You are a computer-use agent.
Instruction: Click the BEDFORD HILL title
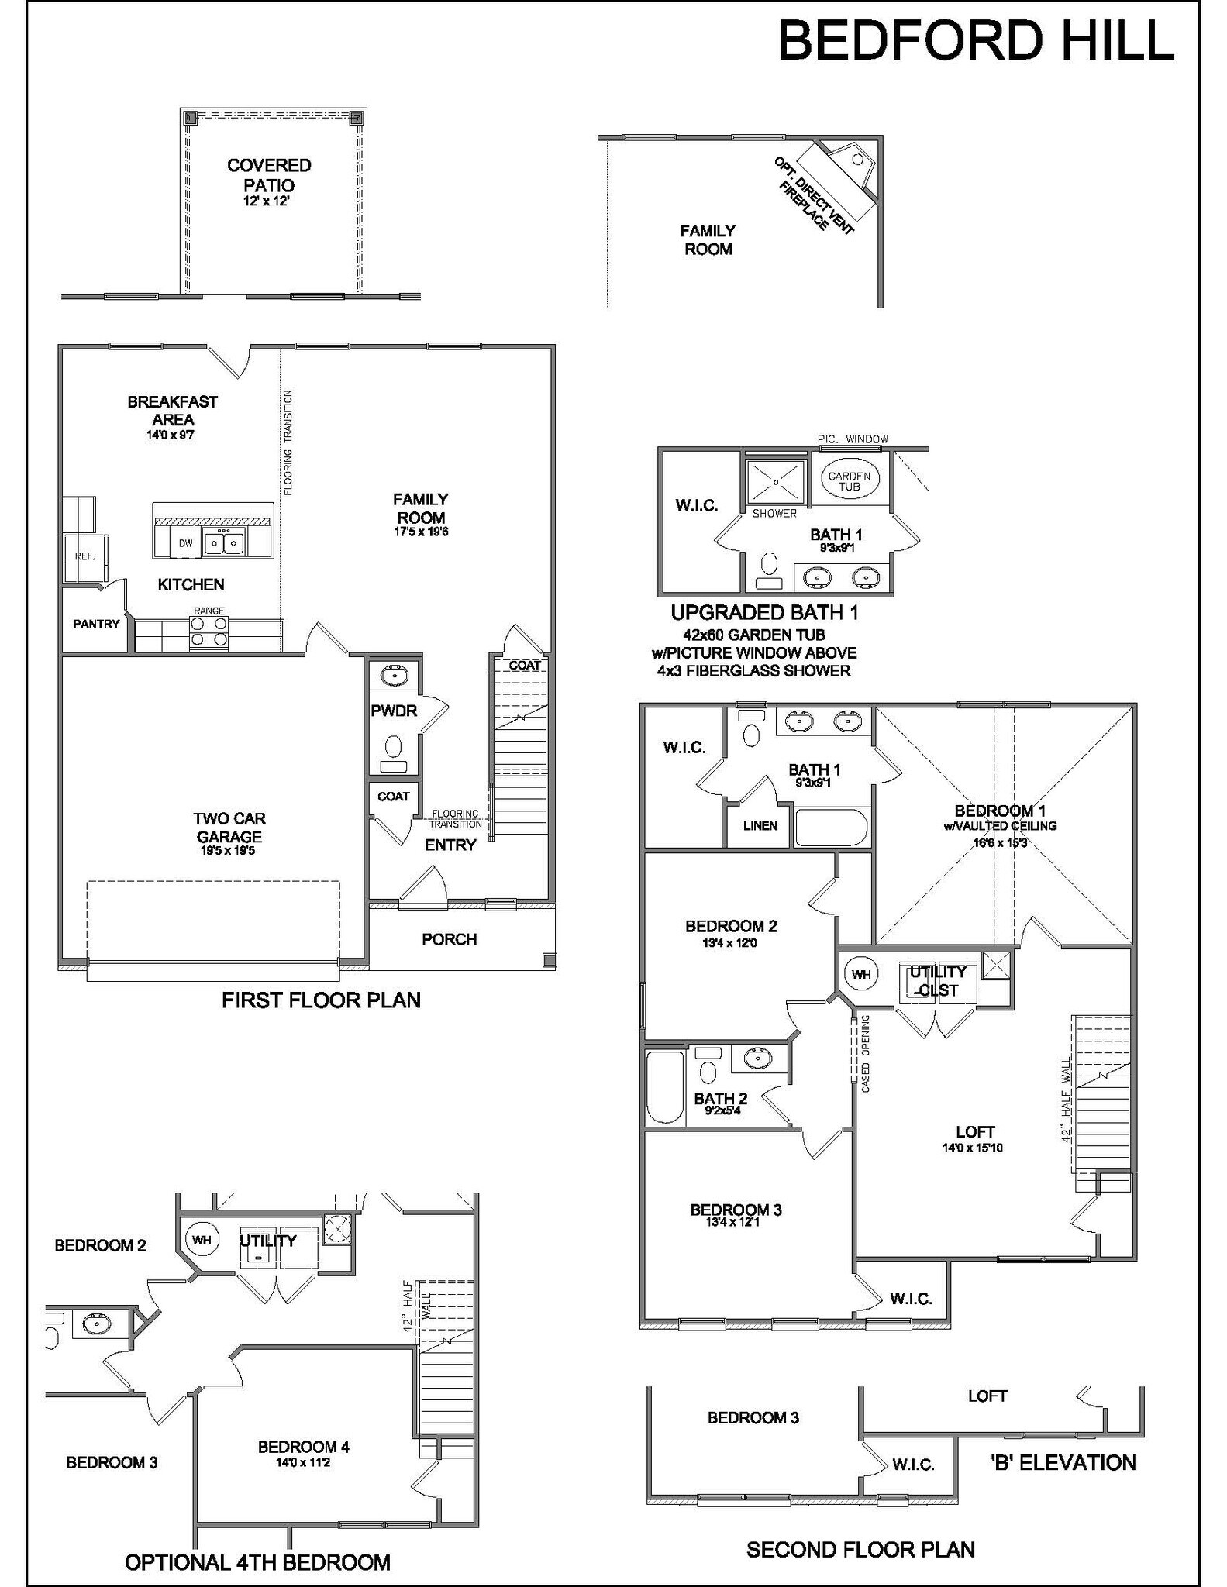tap(976, 41)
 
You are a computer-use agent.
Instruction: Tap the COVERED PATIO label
tap(269, 175)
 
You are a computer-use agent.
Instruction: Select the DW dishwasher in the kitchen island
tap(186, 543)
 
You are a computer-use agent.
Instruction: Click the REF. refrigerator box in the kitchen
tap(85, 557)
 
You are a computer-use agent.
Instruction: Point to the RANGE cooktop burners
tap(209, 631)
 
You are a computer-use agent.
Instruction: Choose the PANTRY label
tap(96, 624)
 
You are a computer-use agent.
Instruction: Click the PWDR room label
tap(394, 711)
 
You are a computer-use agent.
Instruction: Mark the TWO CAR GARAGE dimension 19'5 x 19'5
tap(228, 851)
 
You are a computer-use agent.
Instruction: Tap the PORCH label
tap(449, 939)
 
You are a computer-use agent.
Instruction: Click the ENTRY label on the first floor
tap(450, 845)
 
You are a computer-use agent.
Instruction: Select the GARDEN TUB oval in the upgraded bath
tap(850, 481)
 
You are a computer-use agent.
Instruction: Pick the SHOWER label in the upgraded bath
tap(774, 513)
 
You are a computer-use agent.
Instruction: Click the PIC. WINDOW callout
tap(853, 439)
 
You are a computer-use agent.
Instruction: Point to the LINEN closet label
tap(760, 825)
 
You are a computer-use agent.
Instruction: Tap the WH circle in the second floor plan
tap(861, 974)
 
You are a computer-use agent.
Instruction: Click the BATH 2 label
tap(720, 1098)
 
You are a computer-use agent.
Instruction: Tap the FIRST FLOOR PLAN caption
tap(321, 1000)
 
